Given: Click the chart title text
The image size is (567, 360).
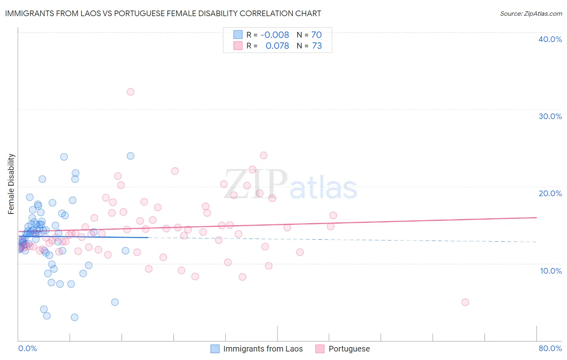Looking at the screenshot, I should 163,13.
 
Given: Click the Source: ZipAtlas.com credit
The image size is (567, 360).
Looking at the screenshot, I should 531,13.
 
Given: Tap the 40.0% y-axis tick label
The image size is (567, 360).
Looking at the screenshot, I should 550,39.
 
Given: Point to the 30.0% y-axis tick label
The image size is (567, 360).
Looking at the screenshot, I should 550,116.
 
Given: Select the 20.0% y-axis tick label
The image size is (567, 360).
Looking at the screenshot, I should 550,193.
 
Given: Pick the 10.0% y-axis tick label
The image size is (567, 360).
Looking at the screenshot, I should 551,270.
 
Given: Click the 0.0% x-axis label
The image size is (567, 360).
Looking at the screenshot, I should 27,348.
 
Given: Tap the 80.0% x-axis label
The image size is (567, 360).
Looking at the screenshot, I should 550,348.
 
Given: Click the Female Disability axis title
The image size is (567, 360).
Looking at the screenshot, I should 11,184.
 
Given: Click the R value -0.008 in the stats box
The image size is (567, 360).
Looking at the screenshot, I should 275,35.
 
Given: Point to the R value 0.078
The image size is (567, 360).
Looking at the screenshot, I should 277,46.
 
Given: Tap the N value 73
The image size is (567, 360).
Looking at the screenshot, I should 317,46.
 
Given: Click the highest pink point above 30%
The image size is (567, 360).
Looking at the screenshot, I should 130,92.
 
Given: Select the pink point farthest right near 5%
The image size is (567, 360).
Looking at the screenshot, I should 465,302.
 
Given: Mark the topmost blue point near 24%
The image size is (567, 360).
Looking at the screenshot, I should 130,156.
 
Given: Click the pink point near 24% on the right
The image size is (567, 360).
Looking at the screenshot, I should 263,155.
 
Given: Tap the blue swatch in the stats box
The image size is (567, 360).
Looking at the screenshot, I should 238,35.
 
